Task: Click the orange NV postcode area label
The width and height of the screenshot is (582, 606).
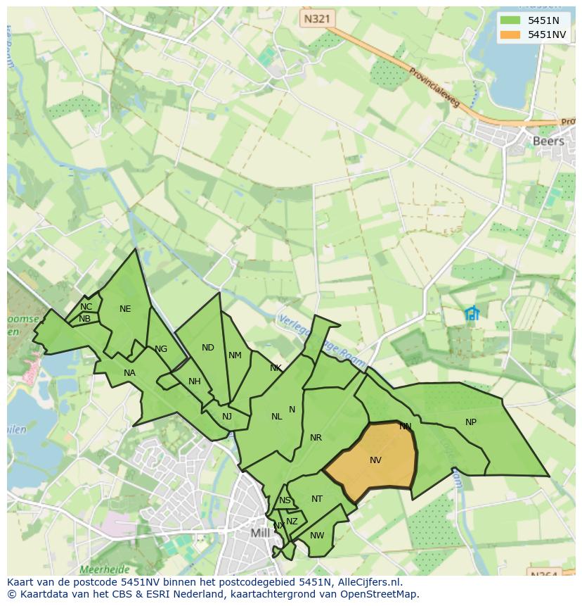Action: [x=375, y=460]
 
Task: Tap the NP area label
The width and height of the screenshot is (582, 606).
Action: [x=471, y=422]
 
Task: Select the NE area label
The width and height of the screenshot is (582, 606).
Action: [x=125, y=309]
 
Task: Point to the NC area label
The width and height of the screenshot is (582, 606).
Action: [x=86, y=307]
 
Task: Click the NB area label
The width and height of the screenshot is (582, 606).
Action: [x=84, y=319]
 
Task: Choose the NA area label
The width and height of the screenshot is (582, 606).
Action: [x=129, y=373]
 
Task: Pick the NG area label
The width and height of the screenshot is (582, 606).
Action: [x=161, y=349]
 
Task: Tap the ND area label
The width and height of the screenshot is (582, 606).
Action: [x=208, y=348]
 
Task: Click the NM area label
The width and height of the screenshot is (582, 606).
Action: [x=235, y=355]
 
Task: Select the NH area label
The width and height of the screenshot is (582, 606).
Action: [x=195, y=381]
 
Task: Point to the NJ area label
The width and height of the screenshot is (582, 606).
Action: [x=227, y=417]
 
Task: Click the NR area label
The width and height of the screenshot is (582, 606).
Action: [x=316, y=438]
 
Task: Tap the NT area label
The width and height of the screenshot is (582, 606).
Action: [x=317, y=499]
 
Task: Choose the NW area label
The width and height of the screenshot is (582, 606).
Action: [x=317, y=536]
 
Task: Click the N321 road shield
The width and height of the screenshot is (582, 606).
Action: [x=316, y=19]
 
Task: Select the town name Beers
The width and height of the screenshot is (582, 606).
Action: [x=548, y=141]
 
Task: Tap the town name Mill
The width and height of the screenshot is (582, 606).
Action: [x=260, y=533]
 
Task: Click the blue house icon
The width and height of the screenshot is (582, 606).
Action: [x=472, y=313]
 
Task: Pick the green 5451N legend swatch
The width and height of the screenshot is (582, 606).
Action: [x=510, y=21]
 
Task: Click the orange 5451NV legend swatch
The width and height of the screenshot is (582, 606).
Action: [x=510, y=34]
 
